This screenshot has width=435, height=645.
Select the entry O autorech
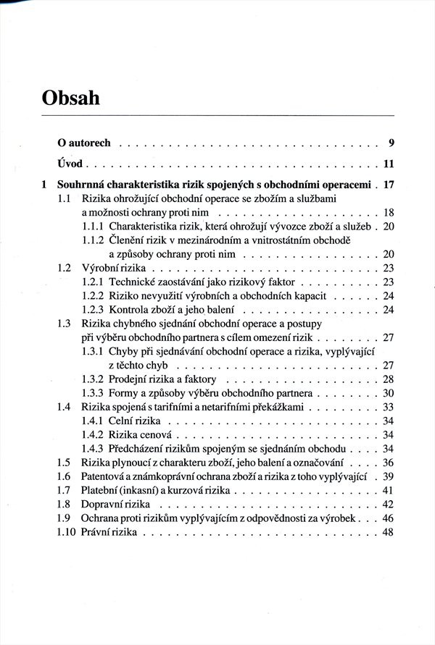(x=84, y=143)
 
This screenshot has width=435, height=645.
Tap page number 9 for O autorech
(x=390, y=143)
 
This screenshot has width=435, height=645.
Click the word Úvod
(x=70, y=163)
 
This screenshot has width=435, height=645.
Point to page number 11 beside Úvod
(x=388, y=163)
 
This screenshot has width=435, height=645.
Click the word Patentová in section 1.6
(x=106, y=476)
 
